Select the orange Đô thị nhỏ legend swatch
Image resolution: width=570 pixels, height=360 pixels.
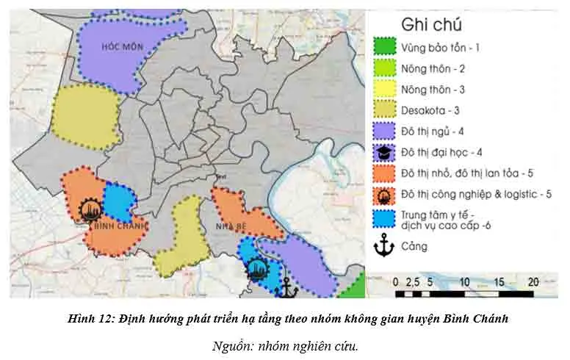point(383,174)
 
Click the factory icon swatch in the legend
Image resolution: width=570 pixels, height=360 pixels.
point(383,195)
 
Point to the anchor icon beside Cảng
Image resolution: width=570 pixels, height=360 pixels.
point(383,247)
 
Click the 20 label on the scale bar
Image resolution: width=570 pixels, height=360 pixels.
point(534,281)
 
